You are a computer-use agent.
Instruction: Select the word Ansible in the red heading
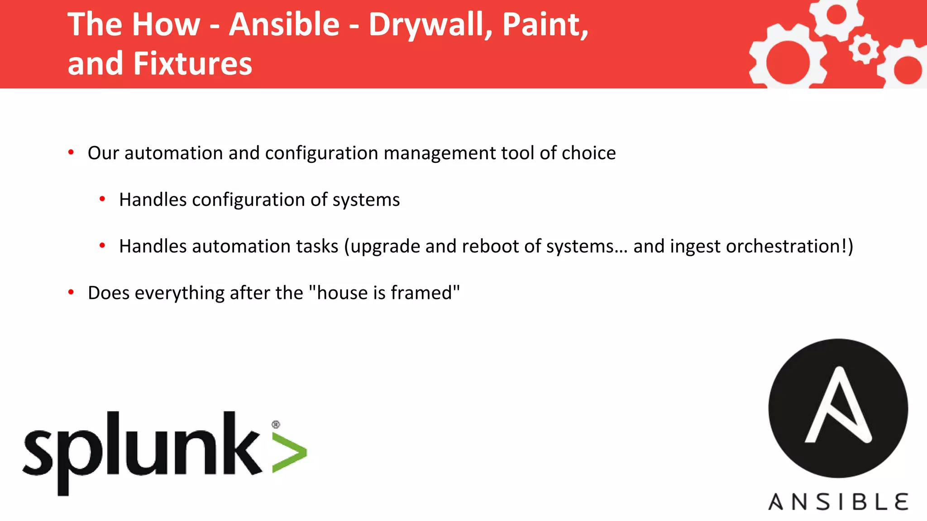(284, 24)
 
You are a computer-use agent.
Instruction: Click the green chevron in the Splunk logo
(290, 453)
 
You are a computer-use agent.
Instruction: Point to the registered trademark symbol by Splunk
(276, 424)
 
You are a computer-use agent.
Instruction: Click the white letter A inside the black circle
(838, 407)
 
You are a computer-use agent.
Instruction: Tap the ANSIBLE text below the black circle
(838, 502)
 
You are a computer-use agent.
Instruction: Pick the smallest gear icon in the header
(864, 48)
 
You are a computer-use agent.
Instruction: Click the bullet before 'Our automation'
(71, 153)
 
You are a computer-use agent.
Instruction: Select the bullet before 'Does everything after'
(71, 293)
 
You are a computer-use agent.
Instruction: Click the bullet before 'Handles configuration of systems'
(102, 199)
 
